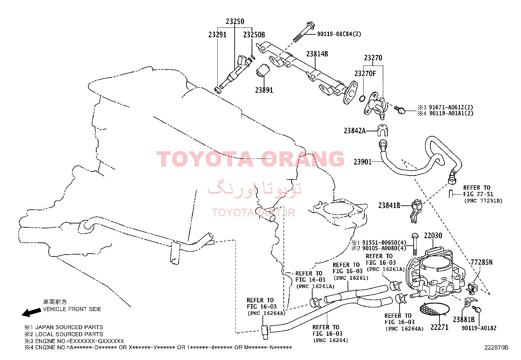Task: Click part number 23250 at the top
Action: (x=235, y=21)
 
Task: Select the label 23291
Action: (x=217, y=35)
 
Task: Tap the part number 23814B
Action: (x=317, y=54)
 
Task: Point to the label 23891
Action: (x=264, y=90)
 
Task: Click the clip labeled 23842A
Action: (x=383, y=130)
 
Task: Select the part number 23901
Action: (x=363, y=161)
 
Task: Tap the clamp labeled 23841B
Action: (x=416, y=210)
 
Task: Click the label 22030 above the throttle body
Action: (x=433, y=236)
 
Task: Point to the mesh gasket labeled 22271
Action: (x=435, y=310)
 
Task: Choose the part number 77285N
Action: (x=482, y=262)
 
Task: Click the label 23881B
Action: (x=464, y=319)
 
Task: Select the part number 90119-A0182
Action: (x=479, y=328)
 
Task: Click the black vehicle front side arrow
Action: (x=31, y=313)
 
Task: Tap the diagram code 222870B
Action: (x=496, y=348)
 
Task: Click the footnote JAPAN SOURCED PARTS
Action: (x=69, y=327)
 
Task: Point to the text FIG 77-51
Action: (x=478, y=194)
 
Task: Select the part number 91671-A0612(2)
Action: (x=451, y=107)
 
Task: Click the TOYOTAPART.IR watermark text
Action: (x=253, y=213)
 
